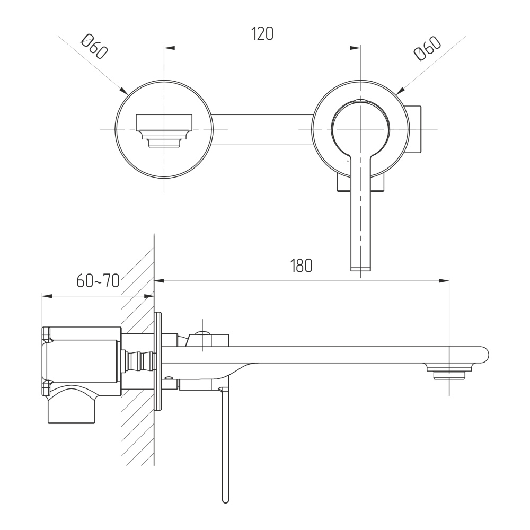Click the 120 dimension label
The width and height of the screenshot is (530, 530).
click(262, 34)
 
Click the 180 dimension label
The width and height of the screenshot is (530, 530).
click(301, 266)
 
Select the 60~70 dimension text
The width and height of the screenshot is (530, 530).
click(98, 280)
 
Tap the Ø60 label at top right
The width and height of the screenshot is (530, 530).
click(428, 49)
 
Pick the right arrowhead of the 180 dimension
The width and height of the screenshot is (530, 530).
click(445, 281)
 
